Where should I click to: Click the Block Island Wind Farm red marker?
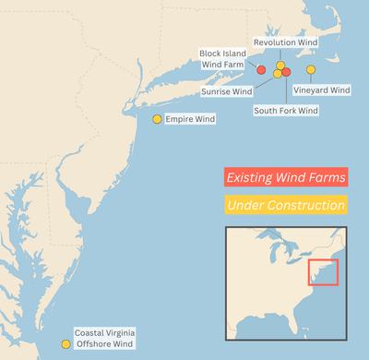pyautogui.click(x=261, y=70)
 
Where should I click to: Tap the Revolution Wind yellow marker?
pyautogui.click(x=280, y=66)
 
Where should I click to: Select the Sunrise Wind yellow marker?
pyautogui.click(x=278, y=74)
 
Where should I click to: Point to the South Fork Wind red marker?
pyautogui.click(x=286, y=72)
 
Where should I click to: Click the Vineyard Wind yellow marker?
pyautogui.click(x=311, y=70)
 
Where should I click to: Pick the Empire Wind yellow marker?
pyautogui.click(x=157, y=119)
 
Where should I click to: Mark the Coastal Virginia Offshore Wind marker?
pyautogui.click(x=65, y=345)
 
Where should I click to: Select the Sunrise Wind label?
pyautogui.click(x=226, y=92)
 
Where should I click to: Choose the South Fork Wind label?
pyautogui.click(x=286, y=111)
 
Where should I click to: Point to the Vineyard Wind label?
pyautogui.click(x=322, y=90)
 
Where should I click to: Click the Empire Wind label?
pyautogui.click(x=190, y=119)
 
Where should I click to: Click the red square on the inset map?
pyautogui.click(x=323, y=273)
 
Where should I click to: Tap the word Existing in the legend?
pyautogui.click(x=255, y=175)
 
